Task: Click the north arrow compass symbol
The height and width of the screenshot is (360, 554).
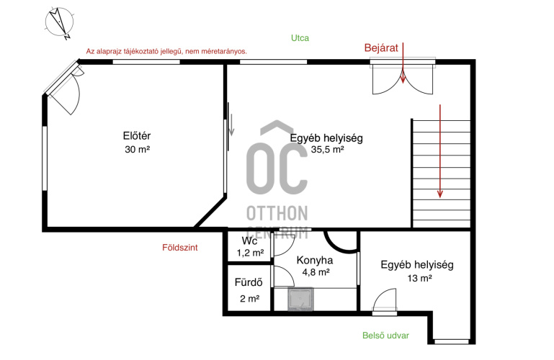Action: pyautogui.click(x=59, y=22)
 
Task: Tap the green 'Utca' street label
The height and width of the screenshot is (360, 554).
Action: pyautogui.click(x=300, y=38)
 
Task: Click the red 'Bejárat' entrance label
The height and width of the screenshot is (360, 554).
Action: pyautogui.click(x=381, y=48)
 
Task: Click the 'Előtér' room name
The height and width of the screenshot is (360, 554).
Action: pyautogui.click(x=137, y=135)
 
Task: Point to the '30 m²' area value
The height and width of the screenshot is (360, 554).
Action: pyautogui.click(x=137, y=149)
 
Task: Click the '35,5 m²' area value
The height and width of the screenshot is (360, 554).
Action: pyautogui.click(x=327, y=149)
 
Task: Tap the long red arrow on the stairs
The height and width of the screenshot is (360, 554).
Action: pyautogui.click(x=440, y=151)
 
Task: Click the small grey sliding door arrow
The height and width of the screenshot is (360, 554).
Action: pyautogui.click(x=231, y=125)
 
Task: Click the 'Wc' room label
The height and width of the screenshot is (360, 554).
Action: pyautogui.click(x=249, y=241)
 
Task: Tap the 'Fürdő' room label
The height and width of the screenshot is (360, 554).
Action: pyautogui.click(x=249, y=282)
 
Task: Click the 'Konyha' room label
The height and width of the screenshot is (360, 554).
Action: pyautogui.click(x=314, y=261)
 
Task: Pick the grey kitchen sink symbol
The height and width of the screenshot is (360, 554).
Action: pyautogui.click(x=300, y=300)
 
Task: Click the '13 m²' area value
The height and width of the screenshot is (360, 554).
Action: pyautogui.click(x=419, y=279)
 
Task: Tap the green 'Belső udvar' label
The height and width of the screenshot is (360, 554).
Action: pyautogui.click(x=385, y=336)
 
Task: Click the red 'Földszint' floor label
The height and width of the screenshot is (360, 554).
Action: pyautogui.click(x=180, y=248)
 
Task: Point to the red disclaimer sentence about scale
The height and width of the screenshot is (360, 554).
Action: pyautogui.click(x=166, y=52)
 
